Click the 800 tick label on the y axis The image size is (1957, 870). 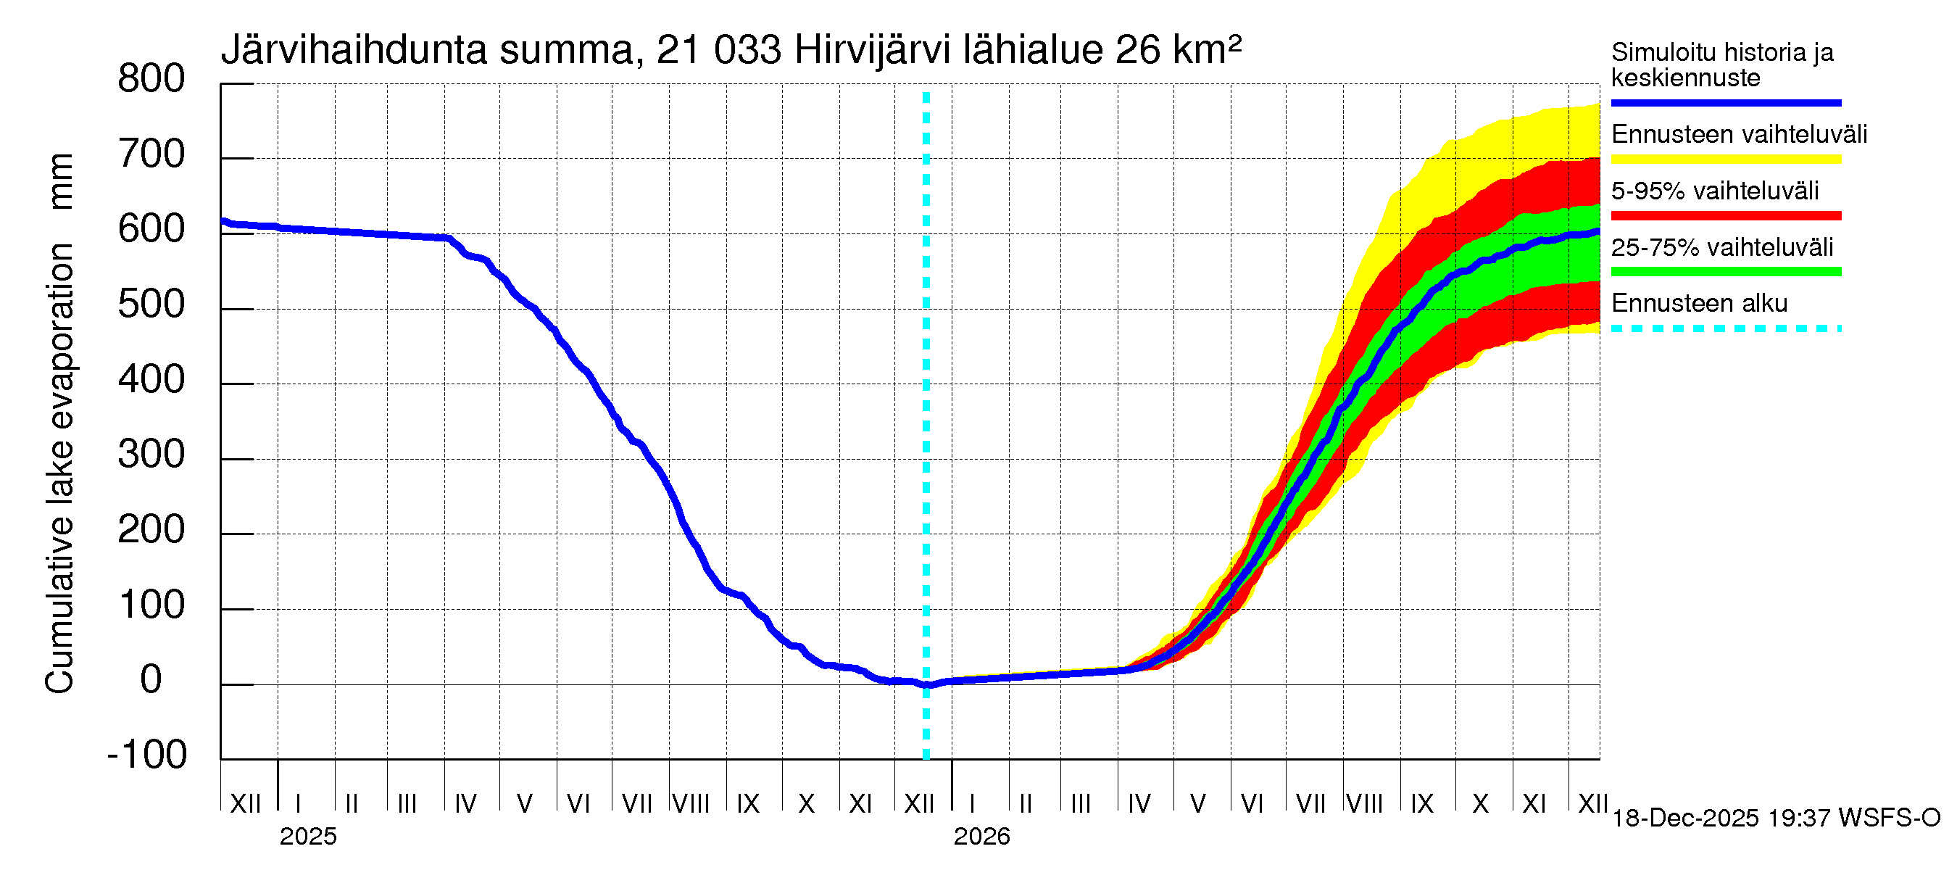click(151, 79)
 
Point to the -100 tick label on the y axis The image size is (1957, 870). click(147, 755)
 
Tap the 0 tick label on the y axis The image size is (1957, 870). click(151, 679)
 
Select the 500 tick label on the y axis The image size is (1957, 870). click(151, 304)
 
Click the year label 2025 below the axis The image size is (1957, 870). click(307, 837)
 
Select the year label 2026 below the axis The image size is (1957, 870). click(981, 837)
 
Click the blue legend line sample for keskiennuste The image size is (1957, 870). click(1725, 102)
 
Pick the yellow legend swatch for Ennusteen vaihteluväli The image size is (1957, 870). click(1725, 159)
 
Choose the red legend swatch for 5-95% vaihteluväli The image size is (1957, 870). click(1725, 216)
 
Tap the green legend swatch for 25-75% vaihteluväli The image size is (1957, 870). click(1725, 272)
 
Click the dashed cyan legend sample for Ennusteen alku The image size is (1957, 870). click(1725, 329)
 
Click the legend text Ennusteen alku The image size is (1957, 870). click(1700, 303)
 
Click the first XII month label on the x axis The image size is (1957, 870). click(245, 803)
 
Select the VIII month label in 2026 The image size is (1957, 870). click(1364, 803)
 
